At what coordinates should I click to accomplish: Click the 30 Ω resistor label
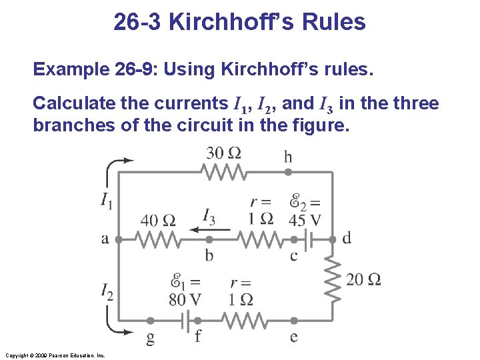click(x=224, y=153)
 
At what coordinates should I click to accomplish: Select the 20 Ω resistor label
click(x=364, y=279)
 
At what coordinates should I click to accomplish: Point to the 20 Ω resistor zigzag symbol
click(x=331, y=278)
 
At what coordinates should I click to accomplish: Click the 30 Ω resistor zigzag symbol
click(x=225, y=172)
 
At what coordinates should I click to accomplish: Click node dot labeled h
click(x=288, y=172)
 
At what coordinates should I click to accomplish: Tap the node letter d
click(x=346, y=238)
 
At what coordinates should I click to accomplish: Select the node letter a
click(x=105, y=239)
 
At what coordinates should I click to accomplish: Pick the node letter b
click(x=209, y=255)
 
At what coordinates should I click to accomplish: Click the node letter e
click(x=293, y=336)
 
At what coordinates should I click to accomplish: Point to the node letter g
click(x=151, y=338)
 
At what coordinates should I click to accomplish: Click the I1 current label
click(x=107, y=199)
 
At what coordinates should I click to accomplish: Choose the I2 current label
click(x=107, y=291)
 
